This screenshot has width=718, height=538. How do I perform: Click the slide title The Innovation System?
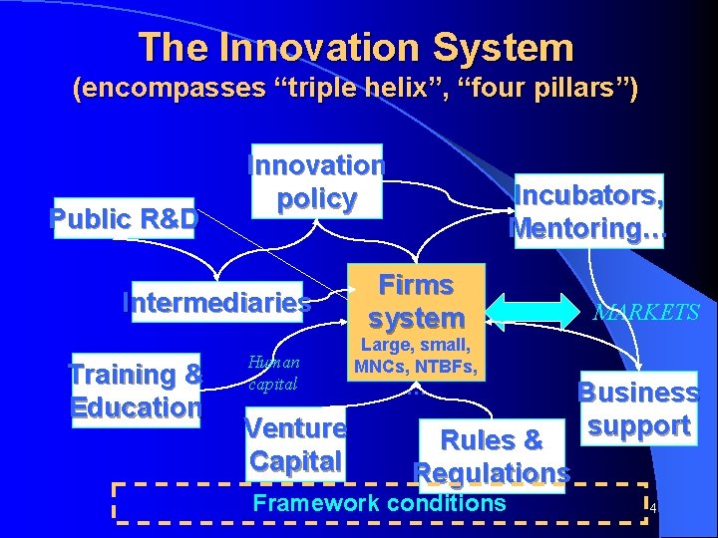(x=356, y=47)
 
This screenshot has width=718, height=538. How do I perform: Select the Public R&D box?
(x=125, y=216)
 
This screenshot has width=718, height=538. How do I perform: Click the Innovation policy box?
(x=316, y=181)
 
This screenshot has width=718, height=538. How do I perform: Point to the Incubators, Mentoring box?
(x=586, y=211)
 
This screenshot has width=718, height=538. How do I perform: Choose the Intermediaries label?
(x=216, y=300)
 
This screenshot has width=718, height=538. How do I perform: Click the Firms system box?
(x=417, y=300)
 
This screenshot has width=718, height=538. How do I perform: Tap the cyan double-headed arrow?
(x=537, y=310)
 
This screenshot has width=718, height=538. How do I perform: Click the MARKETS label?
(x=646, y=313)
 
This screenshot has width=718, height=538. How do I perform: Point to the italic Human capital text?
(x=273, y=374)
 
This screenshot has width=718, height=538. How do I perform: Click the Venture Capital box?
(x=296, y=444)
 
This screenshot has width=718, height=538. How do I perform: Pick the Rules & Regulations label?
(x=492, y=454)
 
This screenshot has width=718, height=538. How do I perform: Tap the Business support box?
(x=638, y=408)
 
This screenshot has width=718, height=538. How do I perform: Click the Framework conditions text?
(x=379, y=503)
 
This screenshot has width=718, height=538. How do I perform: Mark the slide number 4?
(x=652, y=509)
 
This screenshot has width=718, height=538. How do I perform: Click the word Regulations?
(x=492, y=471)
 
